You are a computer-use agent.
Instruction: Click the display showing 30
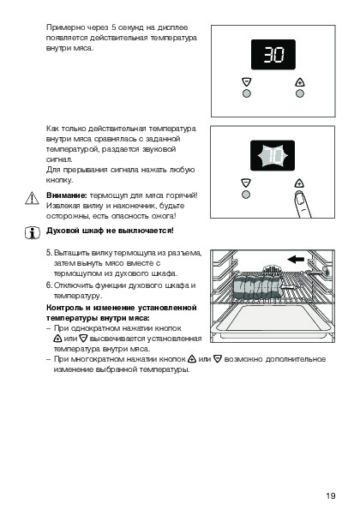coord(273,54)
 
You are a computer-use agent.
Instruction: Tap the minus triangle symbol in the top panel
coord(247,81)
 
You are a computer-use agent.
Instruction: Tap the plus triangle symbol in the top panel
coord(300,81)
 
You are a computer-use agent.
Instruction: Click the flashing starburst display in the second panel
coord(273,155)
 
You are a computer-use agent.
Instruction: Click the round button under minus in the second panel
coord(246,195)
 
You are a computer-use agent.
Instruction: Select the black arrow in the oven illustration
coord(296,259)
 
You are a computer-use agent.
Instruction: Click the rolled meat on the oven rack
coord(256,287)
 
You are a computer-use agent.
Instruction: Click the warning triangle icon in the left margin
coord(32,198)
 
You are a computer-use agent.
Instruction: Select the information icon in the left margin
coord(33,232)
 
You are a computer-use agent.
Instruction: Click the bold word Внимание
coord(67,195)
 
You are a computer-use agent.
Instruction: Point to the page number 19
coord(330,495)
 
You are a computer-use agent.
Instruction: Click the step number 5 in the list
coord(49,253)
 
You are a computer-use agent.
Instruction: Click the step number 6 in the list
coord(49,285)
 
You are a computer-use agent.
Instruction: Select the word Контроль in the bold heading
coord(64,308)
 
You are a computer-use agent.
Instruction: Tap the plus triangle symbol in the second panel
coord(299,183)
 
